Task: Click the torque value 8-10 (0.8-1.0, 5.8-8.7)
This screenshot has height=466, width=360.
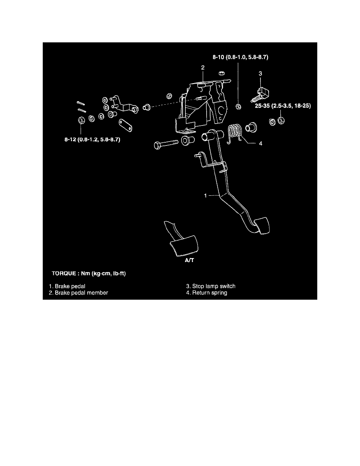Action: (x=240, y=57)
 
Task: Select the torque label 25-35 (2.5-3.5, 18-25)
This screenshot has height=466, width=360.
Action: (x=283, y=106)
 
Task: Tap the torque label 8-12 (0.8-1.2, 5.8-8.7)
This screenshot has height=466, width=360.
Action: (x=93, y=139)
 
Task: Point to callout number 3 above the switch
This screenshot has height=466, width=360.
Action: (x=260, y=73)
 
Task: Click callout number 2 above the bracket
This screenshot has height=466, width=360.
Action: (x=203, y=68)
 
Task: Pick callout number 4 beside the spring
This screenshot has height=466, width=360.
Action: (x=260, y=144)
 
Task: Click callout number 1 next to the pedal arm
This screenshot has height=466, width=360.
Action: (x=205, y=196)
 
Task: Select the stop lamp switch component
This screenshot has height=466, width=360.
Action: (x=260, y=93)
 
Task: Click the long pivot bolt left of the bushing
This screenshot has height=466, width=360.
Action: (x=166, y=144)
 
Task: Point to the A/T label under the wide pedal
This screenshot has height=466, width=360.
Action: (x=189, y=260)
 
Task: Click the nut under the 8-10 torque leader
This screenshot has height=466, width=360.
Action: (x=238, y=107)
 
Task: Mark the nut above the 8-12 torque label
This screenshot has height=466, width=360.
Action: (x=80, y=120)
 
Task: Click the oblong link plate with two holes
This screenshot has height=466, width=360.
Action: (x=125, y=125)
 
